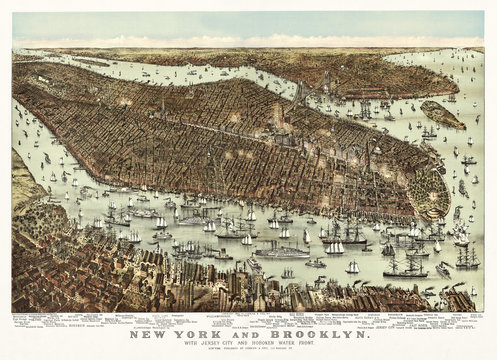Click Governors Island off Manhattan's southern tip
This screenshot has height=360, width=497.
441,115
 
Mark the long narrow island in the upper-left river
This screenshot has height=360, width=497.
90,61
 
